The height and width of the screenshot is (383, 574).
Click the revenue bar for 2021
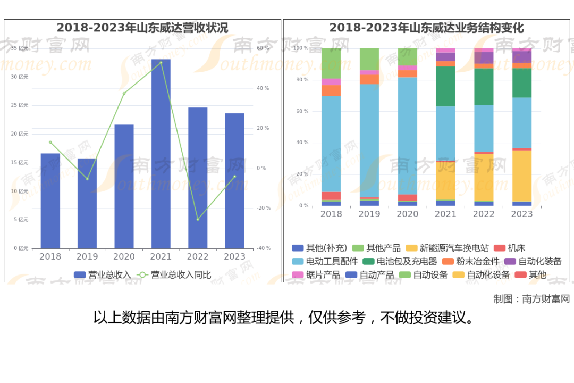161,154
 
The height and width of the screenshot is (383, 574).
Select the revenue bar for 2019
87,204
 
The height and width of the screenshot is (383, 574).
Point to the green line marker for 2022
198,220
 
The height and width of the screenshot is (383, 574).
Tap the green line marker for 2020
124,94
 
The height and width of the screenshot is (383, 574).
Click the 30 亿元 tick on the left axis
20,77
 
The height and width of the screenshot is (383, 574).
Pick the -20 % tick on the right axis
264,208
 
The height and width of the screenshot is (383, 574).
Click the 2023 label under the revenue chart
235,256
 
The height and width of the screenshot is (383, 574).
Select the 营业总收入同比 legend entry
174,275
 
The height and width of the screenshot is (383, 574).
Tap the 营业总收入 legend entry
102,275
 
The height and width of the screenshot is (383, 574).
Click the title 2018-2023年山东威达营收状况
142,28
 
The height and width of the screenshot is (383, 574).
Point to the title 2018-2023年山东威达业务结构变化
426,28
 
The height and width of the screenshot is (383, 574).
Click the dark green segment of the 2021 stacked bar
445,87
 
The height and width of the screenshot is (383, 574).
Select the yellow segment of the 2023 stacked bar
522,176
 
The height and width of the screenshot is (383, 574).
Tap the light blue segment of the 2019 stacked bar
369,141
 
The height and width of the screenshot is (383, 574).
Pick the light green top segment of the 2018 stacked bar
331,63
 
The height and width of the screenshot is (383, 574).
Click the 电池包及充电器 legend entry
400,261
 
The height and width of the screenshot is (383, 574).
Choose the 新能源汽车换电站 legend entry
448,248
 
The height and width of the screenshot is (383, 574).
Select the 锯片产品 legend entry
316,275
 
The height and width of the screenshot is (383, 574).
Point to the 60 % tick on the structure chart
302,111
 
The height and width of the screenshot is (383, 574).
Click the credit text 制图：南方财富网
531,299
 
